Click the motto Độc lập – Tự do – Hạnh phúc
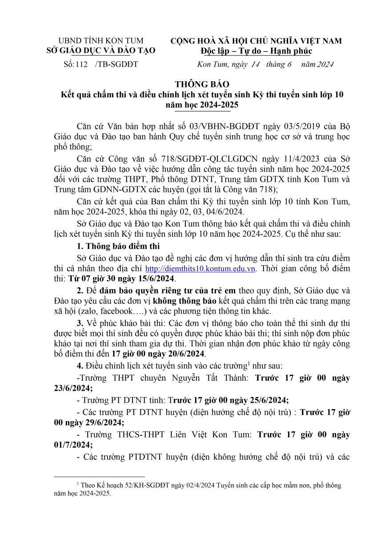[257, 51]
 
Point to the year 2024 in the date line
[324, 64]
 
